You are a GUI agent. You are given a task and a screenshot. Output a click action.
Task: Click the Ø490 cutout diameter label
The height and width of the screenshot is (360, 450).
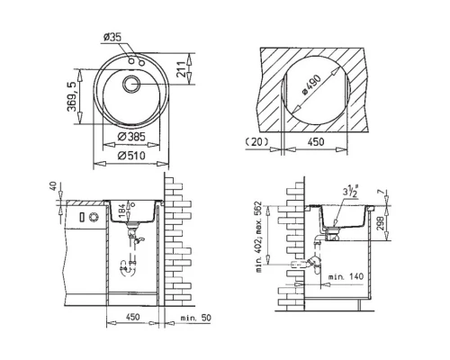[x=312, y=85]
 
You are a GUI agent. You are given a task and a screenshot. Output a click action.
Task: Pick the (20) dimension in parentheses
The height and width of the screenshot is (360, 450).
[x=256, y=141]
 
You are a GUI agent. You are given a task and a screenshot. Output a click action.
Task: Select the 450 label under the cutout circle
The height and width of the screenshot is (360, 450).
[x=314, y=141]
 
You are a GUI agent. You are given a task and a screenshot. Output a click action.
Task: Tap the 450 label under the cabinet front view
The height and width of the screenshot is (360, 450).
[x=133, y=317]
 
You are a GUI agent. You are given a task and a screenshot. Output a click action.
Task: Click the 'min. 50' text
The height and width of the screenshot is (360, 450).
[x=196, y=317]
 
